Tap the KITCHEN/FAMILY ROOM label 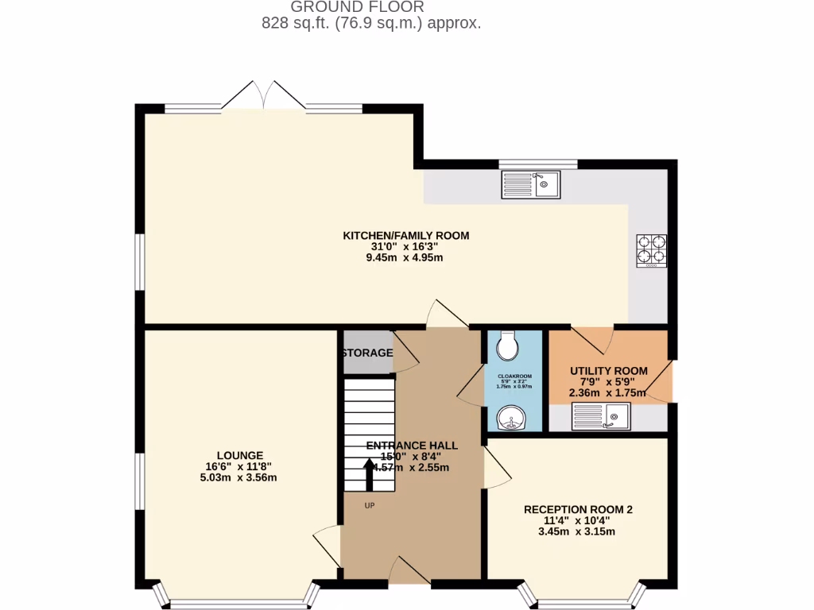405,235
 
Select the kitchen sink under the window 530,185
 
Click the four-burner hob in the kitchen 651,249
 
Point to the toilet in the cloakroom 507,346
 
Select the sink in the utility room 600,415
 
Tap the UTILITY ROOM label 609,371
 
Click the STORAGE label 366,353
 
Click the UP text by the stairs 370,505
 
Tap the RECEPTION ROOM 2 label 578,509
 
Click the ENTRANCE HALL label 412,446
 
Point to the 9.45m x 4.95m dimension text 405,257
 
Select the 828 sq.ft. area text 371,23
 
